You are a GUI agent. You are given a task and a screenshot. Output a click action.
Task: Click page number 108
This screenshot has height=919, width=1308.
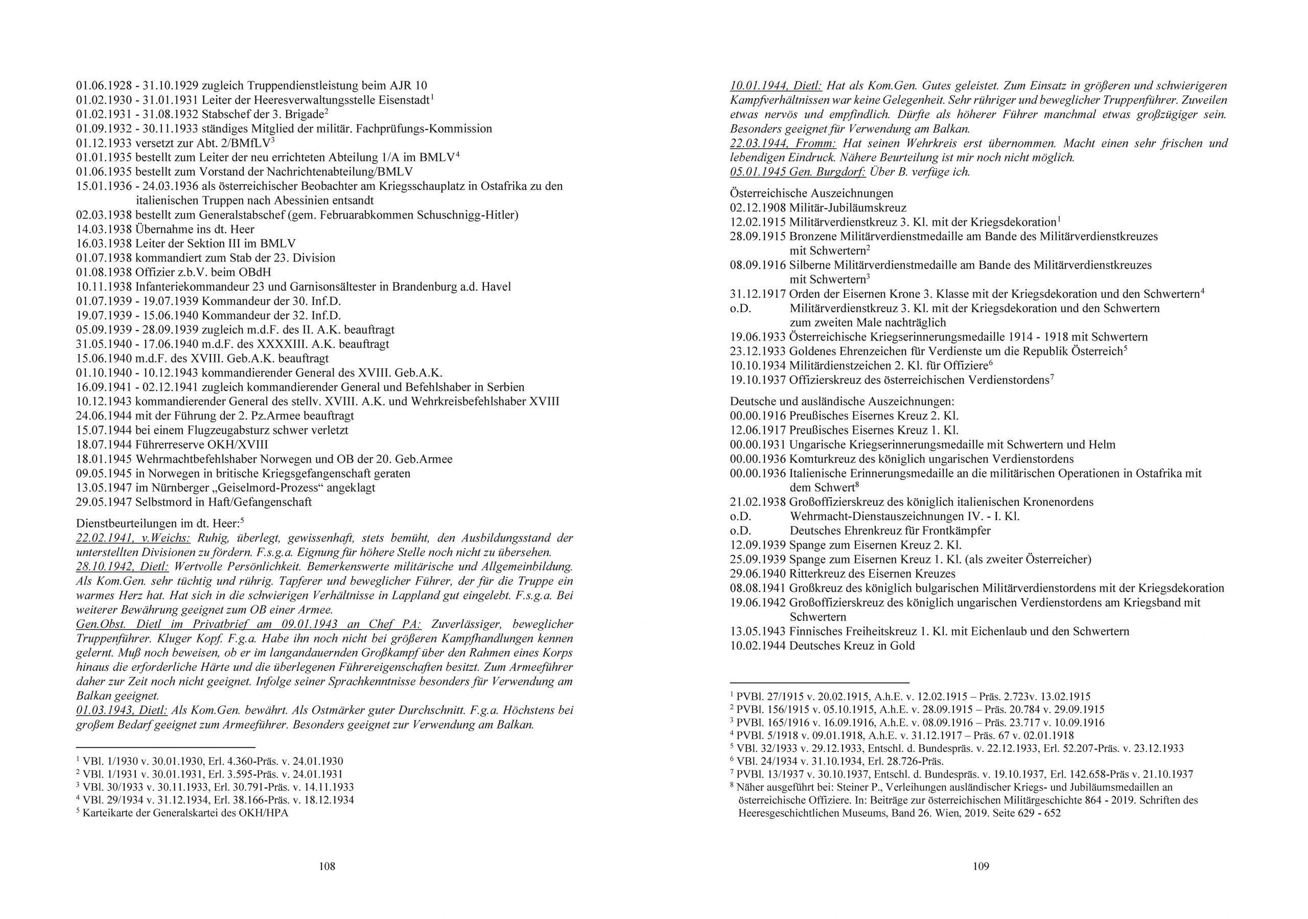326,866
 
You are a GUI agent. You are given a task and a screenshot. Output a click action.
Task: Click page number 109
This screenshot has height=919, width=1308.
980,866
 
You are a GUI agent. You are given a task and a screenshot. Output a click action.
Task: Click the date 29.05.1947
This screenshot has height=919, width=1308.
104,502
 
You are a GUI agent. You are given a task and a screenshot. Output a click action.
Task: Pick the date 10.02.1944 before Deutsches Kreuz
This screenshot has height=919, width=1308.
758,646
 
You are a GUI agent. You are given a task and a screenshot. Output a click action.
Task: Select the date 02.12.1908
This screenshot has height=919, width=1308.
758,207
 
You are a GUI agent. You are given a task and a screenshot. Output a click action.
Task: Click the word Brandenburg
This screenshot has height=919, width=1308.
431,287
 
